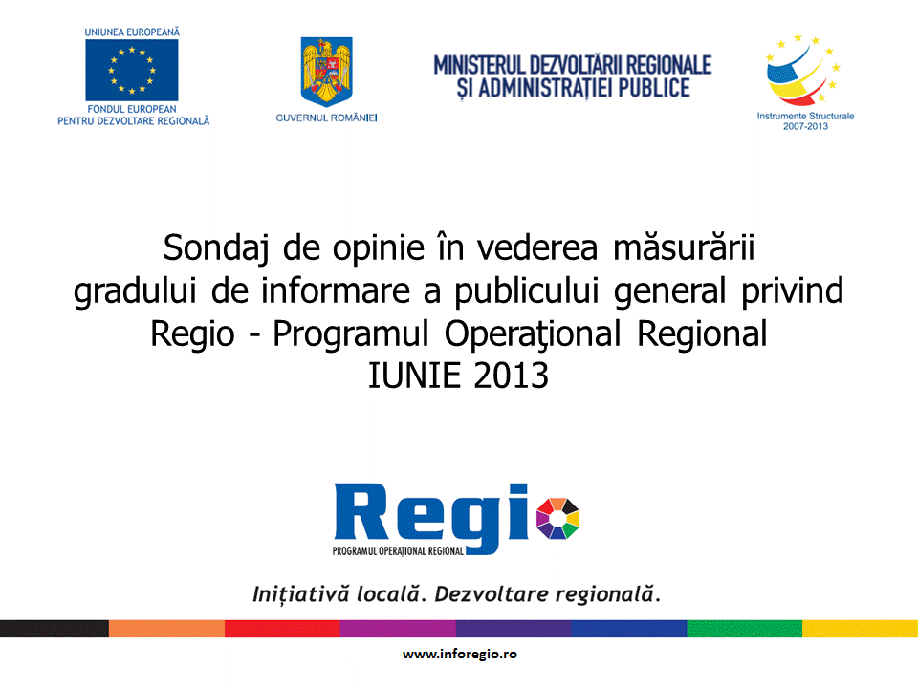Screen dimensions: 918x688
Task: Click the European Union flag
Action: [132, 70]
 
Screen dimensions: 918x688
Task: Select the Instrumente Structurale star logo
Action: [803, 70]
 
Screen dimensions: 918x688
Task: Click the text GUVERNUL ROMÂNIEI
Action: [327, 118]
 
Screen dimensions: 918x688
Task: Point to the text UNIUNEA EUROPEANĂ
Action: [132, 32]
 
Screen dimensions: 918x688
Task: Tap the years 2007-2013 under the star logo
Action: [805, 126]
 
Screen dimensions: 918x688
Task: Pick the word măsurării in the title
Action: [684, 247]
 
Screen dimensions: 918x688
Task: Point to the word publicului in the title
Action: [527, 291]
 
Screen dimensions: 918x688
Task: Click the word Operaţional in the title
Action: [533, 334]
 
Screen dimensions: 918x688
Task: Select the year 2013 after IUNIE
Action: [511, 376]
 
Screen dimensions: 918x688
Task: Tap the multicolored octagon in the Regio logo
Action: [557, 518]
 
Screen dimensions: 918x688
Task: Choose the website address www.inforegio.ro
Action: [460, 654]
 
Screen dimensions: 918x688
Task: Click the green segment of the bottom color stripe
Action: [744, 629]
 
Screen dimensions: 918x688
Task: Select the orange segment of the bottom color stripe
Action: [166, 629]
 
